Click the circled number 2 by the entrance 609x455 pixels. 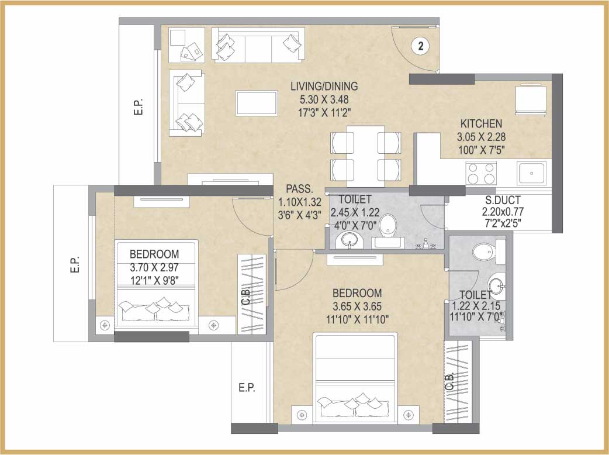pos(421,46)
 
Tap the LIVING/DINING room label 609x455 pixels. pos(324,86)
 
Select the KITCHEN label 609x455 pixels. pos(481,123)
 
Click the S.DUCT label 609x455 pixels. pos(503,200)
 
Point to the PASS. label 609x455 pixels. pos(299,189)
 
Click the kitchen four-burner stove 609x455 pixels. pos(482,173)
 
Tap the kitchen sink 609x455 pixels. pos(531,173)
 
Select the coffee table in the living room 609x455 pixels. pos(257,103)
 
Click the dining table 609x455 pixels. pos(365,156)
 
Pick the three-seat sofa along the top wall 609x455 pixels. pos(258,44)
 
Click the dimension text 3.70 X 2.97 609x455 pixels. pos(154,267)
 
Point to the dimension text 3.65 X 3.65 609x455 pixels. pos(357,306)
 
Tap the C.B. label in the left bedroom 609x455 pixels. pos(246,297)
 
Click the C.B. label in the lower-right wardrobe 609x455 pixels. pos(450,381)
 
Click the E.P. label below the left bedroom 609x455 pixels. pos(247,387)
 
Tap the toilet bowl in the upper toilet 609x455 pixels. pos(387,225)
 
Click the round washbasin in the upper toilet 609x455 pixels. pos(350,240)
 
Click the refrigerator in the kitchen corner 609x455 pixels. pos(531,99)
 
